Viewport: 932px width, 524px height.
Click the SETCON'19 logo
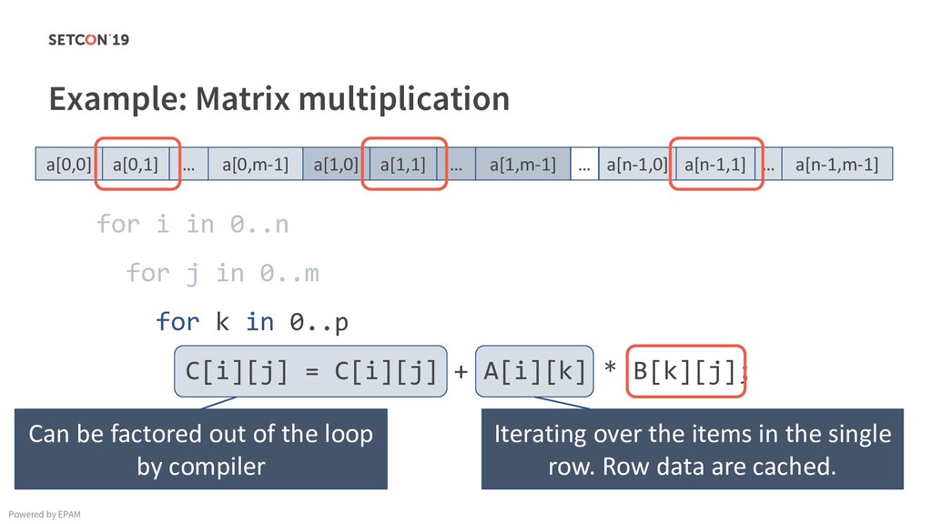88,39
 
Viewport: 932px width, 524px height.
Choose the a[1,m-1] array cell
522,165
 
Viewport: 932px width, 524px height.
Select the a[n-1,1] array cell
714,165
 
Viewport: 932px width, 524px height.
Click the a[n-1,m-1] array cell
836,165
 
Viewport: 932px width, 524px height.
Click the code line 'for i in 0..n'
193,224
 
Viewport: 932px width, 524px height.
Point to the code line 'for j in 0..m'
222,273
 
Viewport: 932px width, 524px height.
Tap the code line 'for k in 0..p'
252,322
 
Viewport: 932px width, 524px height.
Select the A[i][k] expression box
534,371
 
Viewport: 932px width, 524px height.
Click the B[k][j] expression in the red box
687,371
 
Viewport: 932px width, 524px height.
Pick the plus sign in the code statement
461,371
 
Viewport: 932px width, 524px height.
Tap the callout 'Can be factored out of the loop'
201,449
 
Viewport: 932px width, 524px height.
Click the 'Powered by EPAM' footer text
45,514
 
